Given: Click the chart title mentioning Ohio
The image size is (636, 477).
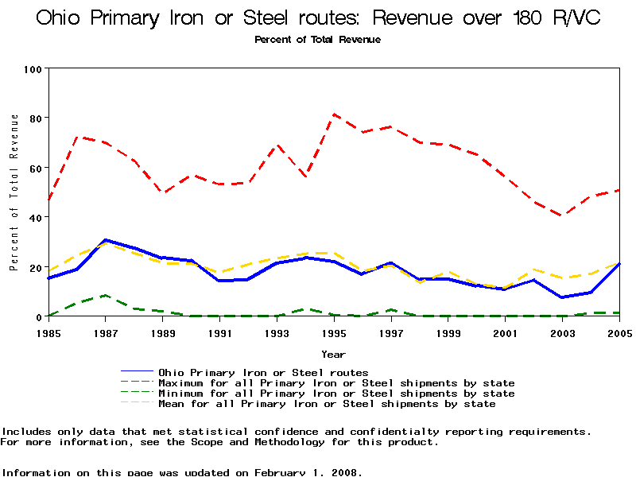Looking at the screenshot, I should [317, 17].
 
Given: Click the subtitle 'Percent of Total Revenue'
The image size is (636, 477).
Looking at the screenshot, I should [317, 39].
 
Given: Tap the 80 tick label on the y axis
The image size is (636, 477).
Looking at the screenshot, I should [35, 118].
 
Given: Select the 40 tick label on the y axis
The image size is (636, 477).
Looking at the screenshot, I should [35, 217].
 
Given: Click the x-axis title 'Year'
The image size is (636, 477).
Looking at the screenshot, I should [333, 353].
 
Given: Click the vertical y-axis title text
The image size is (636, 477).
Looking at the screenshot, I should [14, 192].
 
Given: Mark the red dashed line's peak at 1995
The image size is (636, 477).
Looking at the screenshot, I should [334, 114].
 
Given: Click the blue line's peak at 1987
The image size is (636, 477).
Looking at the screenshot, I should [106, 239].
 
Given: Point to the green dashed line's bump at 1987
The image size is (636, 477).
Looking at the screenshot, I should [106, 296].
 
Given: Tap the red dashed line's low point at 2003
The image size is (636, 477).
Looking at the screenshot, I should [562, 215].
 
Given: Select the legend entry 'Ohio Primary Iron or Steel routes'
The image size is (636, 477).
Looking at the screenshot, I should [263, 372].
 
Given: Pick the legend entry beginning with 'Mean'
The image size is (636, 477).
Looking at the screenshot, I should [327, 404].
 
